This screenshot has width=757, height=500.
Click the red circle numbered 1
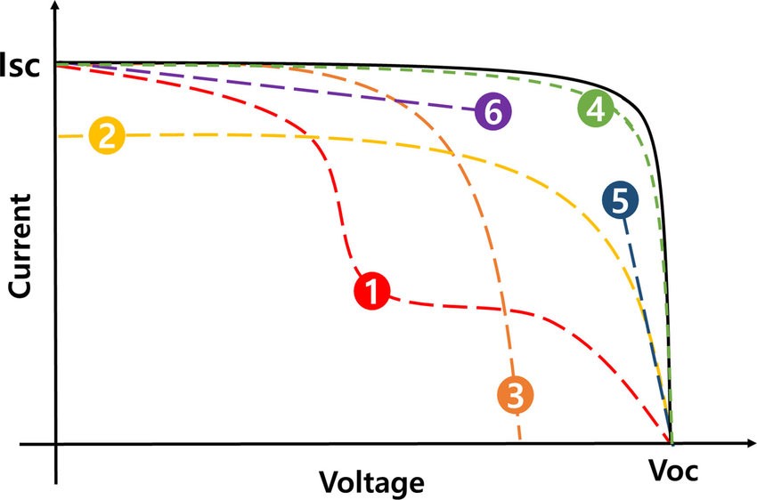tap(372, 291)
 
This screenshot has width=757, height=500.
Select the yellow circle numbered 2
tap(106, 136)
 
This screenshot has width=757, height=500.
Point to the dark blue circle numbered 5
tap(619, 200)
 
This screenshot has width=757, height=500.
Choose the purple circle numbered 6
tap(492, 113)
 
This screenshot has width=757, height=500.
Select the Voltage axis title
tap(371, 481)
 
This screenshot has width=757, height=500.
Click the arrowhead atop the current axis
tap(56, 9)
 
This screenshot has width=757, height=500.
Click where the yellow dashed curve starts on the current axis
tap(57, 136)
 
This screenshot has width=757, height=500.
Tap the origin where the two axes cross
tap(56, 442)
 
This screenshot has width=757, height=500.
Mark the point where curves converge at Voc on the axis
tap(671, 441)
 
